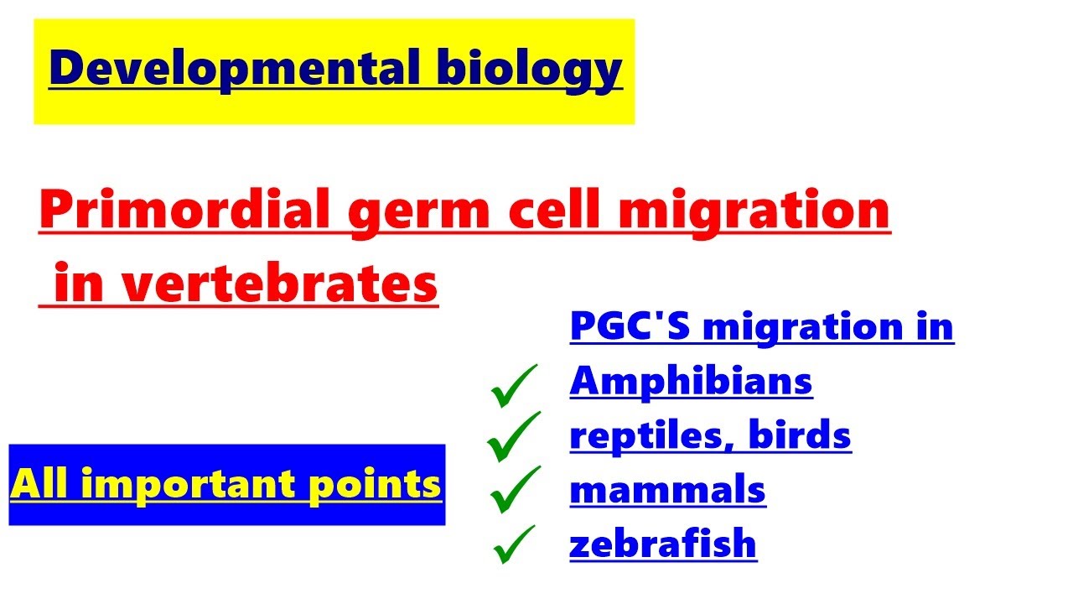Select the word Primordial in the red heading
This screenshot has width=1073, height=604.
pyautogui.click(x=185, y=211)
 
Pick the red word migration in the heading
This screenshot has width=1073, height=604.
pyautogui.click(x=754, y=211)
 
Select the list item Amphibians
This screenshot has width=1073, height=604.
pyautogui.click(x=691, y=382)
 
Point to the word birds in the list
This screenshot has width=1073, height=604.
pyautogui.click(x=800, y=436)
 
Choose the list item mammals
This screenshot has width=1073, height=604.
pyautogui.click(x=667, y=490)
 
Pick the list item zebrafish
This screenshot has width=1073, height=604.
pyautogui.click(x=662, y=544)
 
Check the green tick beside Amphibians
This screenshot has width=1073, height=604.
pyautogui.click(x=514, y=386)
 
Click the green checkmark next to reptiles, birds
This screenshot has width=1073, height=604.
pyautogui.click(x=513, y=436)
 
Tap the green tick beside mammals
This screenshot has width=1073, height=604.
pyautogui.click(x=515, y=490)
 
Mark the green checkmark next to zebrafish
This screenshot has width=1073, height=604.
pyautogui.click(x=515, y=545)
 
